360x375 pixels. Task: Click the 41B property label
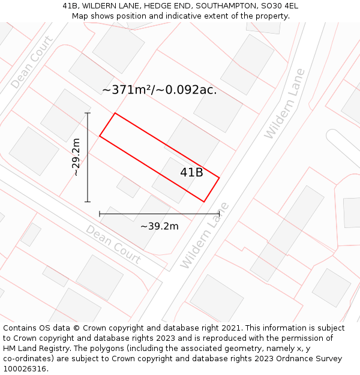[x=191, y=173]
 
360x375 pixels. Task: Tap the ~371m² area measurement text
[x=159, y=90]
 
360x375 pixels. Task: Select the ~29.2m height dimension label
[x=76, y=157]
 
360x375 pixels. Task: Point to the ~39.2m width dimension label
[x=159, y=226]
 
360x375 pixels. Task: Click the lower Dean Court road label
[x=113, y=244]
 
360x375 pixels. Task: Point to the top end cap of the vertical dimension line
[x=88, y=113]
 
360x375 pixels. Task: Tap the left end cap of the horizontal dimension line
[x=100, y=214]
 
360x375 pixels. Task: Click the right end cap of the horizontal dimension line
[x=219, y=214]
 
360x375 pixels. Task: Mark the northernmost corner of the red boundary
[x=115, y=113]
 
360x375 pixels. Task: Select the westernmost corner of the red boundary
[x=100, y=136]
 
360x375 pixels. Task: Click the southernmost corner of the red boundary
[x=205, y=202]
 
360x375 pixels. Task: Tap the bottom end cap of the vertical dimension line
[x=88, y=202]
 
